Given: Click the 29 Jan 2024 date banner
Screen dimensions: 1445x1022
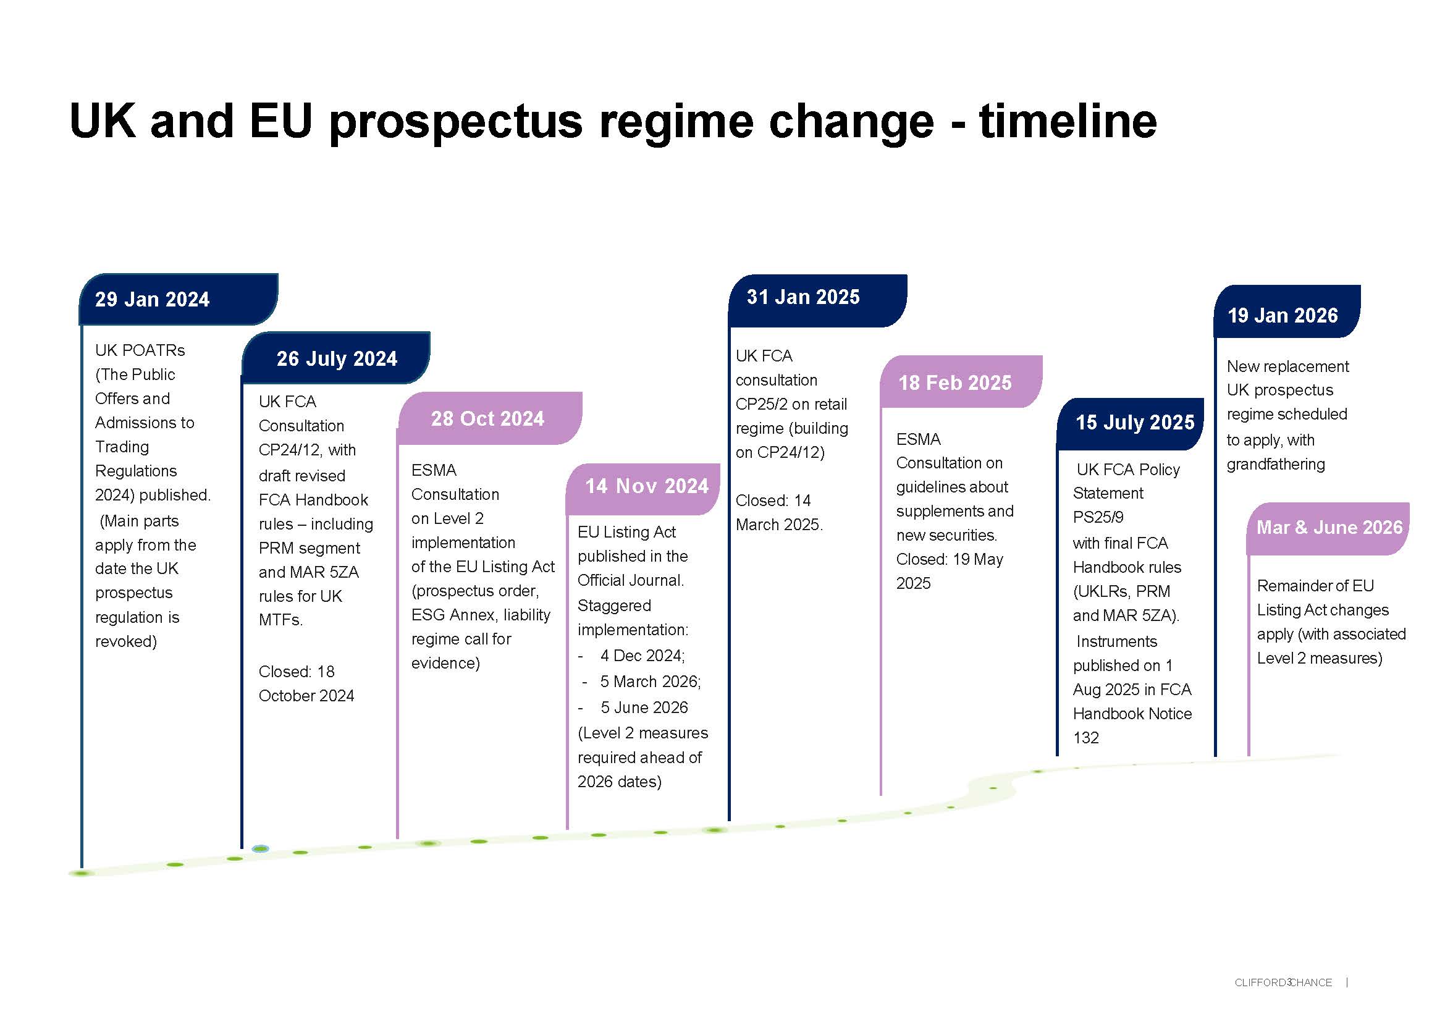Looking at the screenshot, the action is pos(178,299).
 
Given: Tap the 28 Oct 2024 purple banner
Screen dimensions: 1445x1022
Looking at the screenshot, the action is pos(491,418).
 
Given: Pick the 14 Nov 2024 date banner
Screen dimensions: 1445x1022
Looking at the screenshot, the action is pos(643,489).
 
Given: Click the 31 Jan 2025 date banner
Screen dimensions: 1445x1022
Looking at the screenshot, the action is pos(817,300).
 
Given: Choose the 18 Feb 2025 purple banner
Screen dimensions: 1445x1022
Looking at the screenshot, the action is pos(961,381).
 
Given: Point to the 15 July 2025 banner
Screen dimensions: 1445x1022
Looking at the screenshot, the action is pos(1131,423).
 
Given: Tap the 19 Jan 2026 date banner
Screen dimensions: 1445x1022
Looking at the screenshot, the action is pos(1287,311).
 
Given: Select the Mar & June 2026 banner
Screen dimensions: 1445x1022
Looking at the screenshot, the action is pos(1329,529).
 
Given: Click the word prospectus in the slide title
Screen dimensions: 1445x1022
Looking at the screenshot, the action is pos(457,123).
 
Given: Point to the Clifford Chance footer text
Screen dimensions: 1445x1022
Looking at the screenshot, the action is pos(1283,982).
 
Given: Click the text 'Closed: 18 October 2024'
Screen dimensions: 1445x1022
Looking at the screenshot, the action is pos(306,683).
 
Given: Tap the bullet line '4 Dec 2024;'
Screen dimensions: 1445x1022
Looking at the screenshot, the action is pos(642,656).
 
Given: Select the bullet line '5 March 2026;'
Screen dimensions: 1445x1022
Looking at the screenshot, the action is pos(650,682).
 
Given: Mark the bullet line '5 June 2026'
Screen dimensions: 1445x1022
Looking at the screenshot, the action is pos(644,707).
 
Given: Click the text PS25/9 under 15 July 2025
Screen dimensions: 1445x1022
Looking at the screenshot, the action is pos(1098,517).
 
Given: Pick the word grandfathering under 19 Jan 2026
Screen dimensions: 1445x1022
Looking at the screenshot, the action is pos(1276,465).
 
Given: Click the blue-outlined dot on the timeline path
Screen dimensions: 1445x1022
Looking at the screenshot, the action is pos(260,849).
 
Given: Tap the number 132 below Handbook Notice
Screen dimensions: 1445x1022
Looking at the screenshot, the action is pos(1085,738).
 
